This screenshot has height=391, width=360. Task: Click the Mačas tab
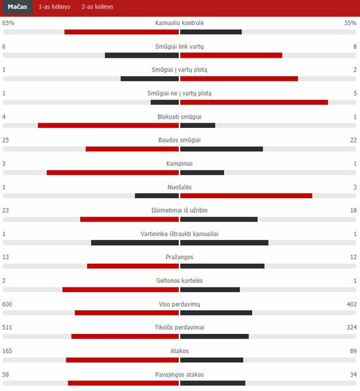pyautogui.click(x=17, y=7)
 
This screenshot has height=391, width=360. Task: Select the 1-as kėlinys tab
pyautogui.click(x=54, y=7)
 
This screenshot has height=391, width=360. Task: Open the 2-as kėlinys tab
pyautogui.click(x=97, y=7)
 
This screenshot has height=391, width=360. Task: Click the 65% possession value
pyautogui.click(x=9, y=23)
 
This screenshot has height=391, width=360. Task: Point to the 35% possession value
pyautogui.click(x=350, y=23)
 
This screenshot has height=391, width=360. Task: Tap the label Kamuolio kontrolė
pyautogui.click(x=180, y=23)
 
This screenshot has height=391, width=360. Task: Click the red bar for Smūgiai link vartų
pyautogui.click(x=231, y=55)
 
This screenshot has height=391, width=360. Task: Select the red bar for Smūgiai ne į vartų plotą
pyautogui.click(x=254, y=102)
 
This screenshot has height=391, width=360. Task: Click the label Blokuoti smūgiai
pyautogui.click(x=180, y=117)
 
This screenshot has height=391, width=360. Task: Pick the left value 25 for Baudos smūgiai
pyautogui.click(x=6, y=140)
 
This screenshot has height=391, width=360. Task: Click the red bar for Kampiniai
pyautogui.click(x=113, y=172)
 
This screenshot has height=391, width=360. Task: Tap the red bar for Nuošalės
pyautogui.click(x=246, y=195)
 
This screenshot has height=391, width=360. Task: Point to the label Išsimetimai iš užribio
pyautogui.click(x=180, y=210)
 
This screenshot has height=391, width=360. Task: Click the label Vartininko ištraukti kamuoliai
pyautogui.click(x=180, y=234)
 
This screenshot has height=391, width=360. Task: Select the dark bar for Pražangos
pyautogui.click(x=222, y=266)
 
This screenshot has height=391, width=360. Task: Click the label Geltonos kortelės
pyautogui.click(x=180, y=280)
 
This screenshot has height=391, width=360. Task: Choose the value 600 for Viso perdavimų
pyautogui.click(x=7, y=304)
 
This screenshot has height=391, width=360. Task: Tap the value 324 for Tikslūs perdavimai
pyautogui.click(x=350, y=327)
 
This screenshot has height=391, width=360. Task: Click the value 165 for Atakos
pyautogui.click(x=7, y=351)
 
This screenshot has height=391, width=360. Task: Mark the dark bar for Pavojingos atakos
pyautogui.click(x=213, y=383)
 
